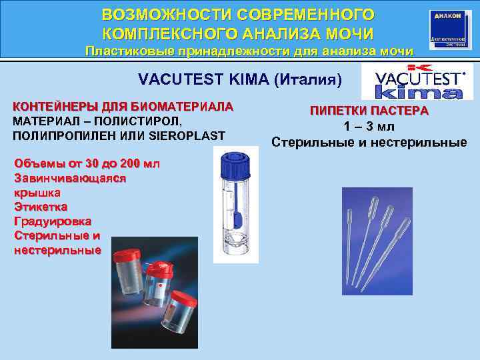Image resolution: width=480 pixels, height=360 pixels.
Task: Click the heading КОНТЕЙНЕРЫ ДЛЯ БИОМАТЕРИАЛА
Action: (x=124, y=106)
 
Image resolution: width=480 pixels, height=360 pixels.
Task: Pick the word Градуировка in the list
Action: (x=53, y=221)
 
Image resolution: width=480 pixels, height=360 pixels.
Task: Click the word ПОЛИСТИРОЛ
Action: (x=142, y=121)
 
